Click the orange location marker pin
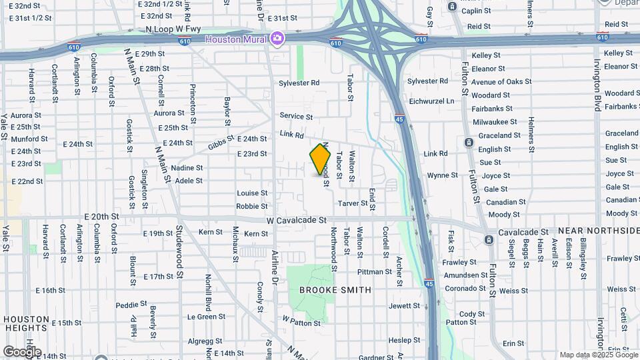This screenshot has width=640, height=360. (x=320, y=161)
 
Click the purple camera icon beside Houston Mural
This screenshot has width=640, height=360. (x=277, y=39)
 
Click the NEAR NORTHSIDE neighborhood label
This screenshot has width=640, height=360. (x=598, y=230)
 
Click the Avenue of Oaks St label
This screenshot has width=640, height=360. (x=501, y=82)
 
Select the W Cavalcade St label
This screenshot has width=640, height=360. (x=296, y=219)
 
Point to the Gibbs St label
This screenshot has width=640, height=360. (x=221, y=142)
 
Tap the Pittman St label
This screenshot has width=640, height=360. (x=374, y=272)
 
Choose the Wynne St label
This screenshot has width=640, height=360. (x=442, y=175)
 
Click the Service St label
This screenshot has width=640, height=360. (x=296, y=117)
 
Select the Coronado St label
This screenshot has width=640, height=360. (x=465, y=288)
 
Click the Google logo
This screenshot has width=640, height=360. (x=21, y=351)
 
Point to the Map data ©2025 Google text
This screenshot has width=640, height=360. (x=597, y=355)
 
